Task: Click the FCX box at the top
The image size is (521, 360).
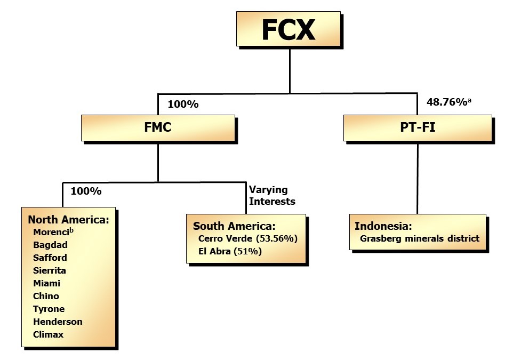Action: click(x=288, y=29)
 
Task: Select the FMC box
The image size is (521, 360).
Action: click(x=158, y=128)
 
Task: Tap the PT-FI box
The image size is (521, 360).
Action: click(x=417, y=128)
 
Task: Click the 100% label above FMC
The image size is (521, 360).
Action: click(x=183, y=104)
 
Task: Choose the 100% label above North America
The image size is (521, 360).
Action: click(x=86, y=190)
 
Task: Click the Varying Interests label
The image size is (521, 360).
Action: click(x=272, y=195)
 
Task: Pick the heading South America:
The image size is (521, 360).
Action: click(x=234, y=226)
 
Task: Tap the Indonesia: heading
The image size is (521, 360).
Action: click(x=383, y=226)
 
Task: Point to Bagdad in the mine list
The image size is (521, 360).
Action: click(x=50, y=245)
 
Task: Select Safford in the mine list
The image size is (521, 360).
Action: click(x=50, y=258)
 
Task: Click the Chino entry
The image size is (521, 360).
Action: click(x=46, y=296)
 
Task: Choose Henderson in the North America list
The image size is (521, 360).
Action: click(x=58, y=322)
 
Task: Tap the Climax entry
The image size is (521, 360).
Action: click(x=48, y=334)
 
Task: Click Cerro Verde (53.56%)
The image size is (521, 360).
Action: click(x=247, y=238)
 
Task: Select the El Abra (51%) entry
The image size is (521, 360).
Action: click(x=230, y=251)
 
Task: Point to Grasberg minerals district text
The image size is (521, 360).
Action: click(x=420, y=238)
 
